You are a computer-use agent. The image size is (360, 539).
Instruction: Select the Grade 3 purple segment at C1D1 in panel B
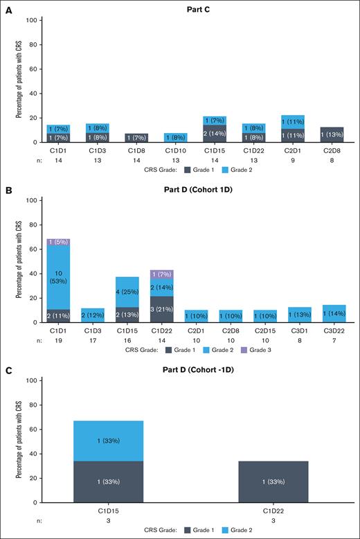[59, 242]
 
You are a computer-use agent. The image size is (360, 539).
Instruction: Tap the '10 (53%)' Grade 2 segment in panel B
[59, 268]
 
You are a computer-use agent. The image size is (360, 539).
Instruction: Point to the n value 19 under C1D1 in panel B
[59, 340]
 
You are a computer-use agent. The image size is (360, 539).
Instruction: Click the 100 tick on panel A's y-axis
[33, 20]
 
